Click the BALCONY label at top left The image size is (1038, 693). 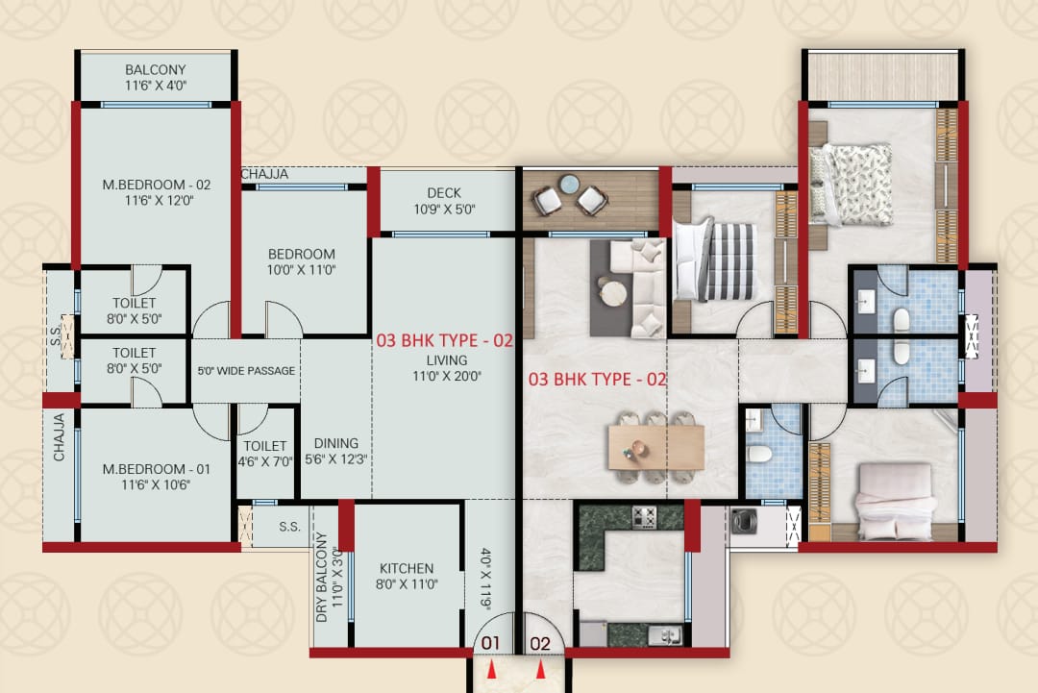pos(156,69)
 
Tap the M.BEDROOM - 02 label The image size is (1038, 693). pos(157,185)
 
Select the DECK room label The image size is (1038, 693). pos(443,192)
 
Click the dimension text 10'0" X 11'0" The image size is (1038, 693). pos(301,270)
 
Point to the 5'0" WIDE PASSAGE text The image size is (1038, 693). pos(246,371)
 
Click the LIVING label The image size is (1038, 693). pos(447,360)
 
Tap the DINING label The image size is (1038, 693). pos(336,443)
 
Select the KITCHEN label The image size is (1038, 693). pos(407,569)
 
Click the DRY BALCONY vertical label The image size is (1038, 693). pos(322,577)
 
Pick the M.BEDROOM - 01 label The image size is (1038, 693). pos(157,469)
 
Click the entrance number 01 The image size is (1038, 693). pos(490,643)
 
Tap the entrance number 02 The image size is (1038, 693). pos(540,643)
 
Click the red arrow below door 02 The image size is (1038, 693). pos(541,670)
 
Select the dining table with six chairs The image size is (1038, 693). pos(656,448)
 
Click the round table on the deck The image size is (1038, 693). pos(569,184)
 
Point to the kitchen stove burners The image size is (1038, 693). pos(643,517)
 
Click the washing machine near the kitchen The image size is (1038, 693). pos(744,521)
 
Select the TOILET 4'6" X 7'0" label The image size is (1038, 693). pos(265,454)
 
